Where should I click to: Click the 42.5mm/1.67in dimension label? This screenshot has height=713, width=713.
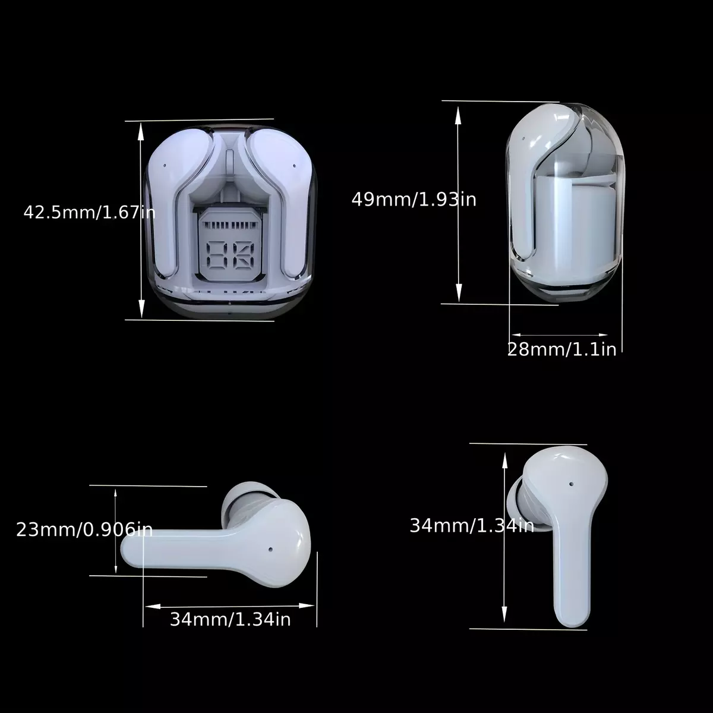tap(89, 213)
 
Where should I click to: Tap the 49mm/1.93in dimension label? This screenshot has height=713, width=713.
tap(414, 200)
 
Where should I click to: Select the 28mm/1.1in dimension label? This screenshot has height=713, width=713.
tap(561, 349)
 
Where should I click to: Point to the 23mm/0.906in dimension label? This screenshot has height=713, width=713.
tap(84, 529)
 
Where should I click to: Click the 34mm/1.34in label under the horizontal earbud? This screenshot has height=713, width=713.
tap(230, 619)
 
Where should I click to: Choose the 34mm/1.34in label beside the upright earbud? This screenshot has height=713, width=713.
tap(472, 525)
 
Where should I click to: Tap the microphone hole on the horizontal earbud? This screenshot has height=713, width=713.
tap(270, 550)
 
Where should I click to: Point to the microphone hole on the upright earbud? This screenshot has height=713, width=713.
tap(571, 484)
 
